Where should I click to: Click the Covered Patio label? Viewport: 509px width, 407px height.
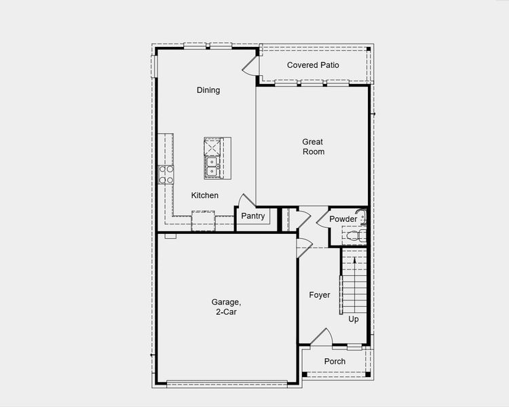coord(313,65)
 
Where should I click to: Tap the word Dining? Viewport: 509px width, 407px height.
coord(208,90)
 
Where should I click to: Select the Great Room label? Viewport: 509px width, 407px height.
coord(313,147)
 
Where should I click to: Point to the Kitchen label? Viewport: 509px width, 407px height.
coord(204,195)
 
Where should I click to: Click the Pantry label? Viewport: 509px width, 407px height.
coord(252,216)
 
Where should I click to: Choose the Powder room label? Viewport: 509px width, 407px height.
coord(343,219)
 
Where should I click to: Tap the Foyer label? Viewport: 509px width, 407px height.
coord(319,295)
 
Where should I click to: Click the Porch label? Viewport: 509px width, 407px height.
coord(335,362)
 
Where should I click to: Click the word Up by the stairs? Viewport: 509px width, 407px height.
coord(354,319)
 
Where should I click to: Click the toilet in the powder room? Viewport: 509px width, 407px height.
coord(353,236)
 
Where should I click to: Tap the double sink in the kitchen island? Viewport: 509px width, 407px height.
coord(212,166)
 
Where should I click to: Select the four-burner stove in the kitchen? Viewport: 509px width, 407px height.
coord(166,175)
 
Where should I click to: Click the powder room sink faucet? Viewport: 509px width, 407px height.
coord(362,218)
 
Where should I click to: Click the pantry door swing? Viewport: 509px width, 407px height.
coord(244,200)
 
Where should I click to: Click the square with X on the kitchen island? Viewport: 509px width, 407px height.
coord(214,147)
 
